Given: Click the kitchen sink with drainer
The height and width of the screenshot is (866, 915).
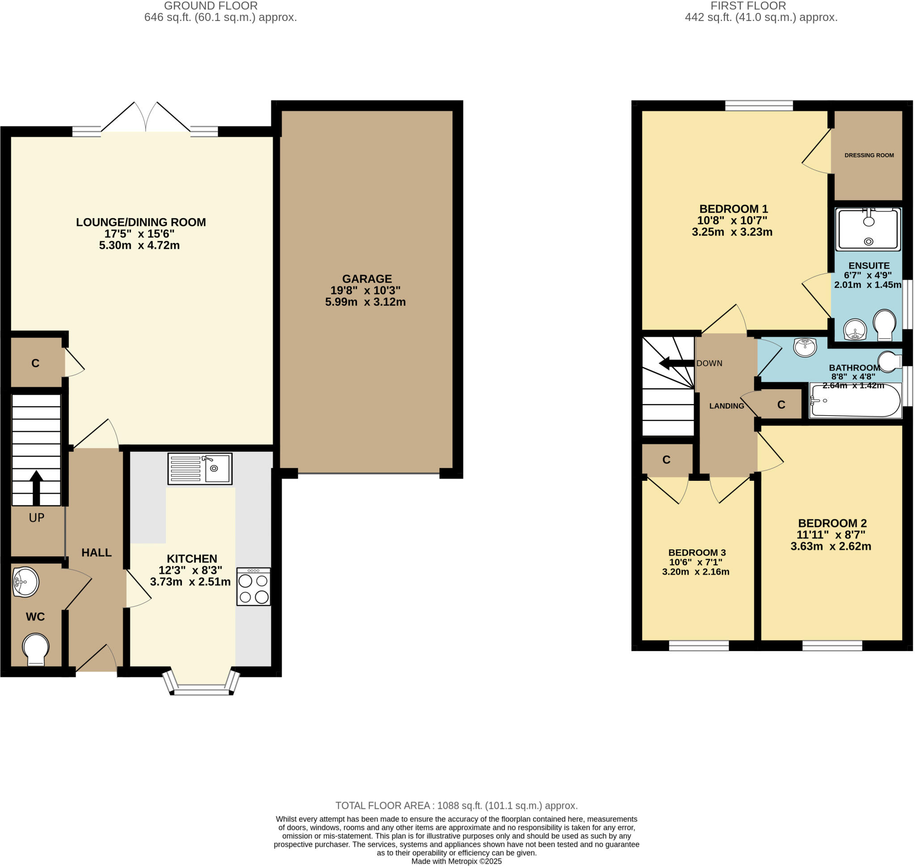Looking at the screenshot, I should [200, 469].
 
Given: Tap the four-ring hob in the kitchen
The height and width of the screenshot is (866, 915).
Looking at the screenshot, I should [253, 586].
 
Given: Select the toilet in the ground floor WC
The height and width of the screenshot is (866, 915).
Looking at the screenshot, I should [36, 648].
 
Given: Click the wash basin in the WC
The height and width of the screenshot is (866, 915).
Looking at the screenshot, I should [25, 582].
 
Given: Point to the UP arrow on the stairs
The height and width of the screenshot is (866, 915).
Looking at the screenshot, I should [37, 488].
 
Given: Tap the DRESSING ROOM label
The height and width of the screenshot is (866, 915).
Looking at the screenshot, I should [869, 155].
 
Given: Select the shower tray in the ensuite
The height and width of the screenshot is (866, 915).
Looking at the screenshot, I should [869, 229].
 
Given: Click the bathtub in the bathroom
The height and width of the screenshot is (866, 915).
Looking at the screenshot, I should [855, 400].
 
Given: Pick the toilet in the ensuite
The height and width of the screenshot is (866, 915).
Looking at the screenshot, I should [884, 324].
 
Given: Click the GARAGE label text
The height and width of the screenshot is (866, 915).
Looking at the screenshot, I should [367, 279].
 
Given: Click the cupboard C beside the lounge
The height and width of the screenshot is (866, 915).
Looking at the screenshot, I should [36, 363].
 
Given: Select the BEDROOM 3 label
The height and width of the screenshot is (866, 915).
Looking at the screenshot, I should [697, 553].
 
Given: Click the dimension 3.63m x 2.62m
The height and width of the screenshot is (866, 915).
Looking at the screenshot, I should [831, 547].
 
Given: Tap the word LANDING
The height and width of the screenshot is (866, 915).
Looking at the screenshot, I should [726, 406].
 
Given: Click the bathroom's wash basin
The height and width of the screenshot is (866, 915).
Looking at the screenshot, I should [805, 347].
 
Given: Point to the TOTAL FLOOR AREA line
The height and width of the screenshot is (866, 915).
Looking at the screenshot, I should [456, 806].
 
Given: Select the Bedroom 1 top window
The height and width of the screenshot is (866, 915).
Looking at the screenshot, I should [759, 106].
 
